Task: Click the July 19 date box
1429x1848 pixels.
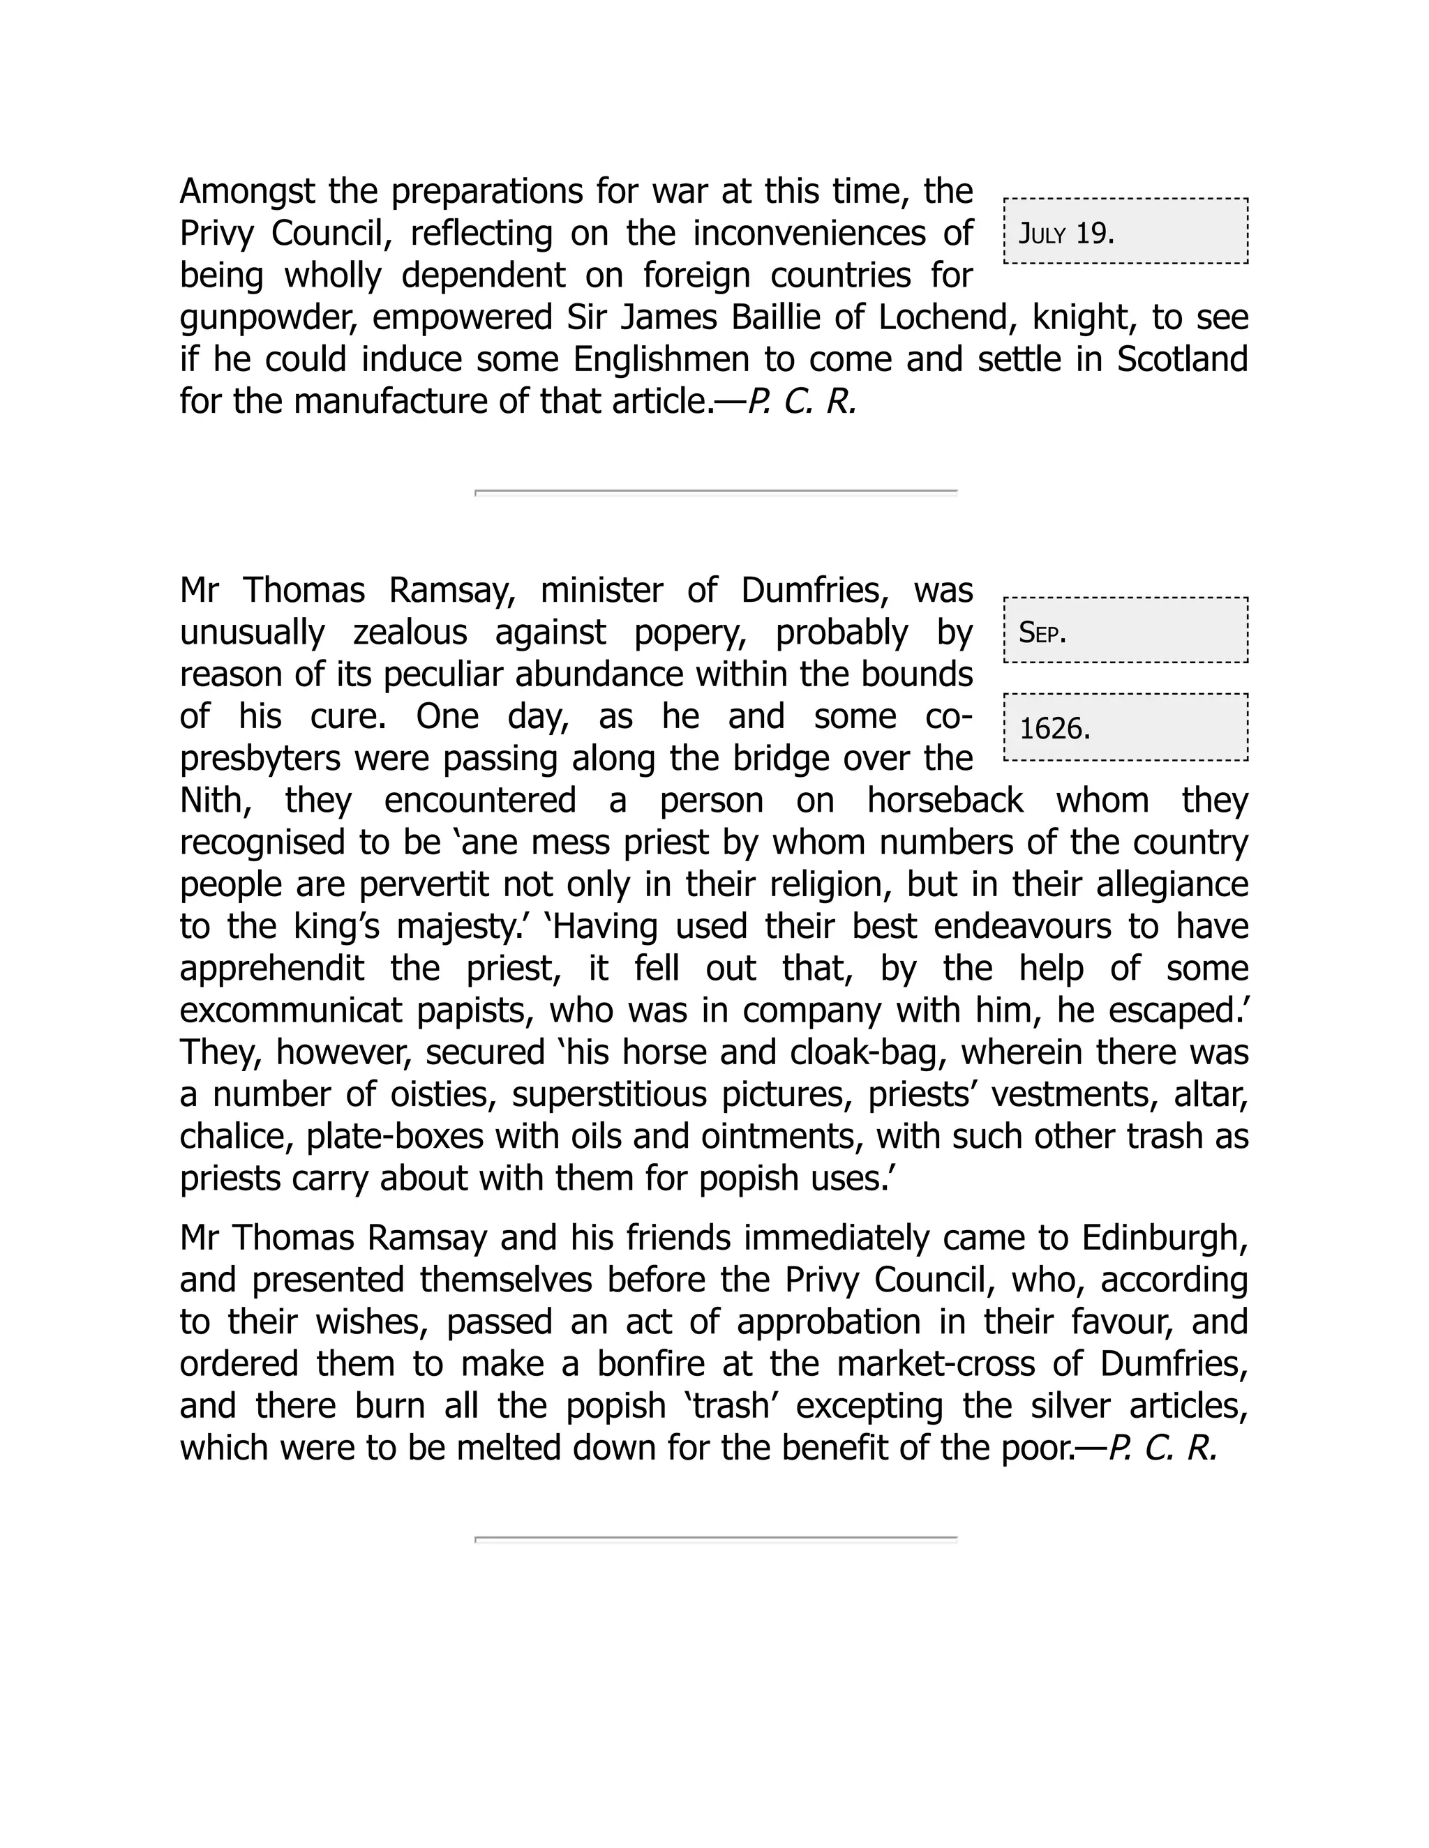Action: (1124, 232)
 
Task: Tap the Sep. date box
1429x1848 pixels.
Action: (1124, 631)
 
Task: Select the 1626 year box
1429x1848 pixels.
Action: (1124, 727)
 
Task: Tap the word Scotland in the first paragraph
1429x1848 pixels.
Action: (1182, 360)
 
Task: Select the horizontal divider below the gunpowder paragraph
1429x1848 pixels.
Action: (715, 492)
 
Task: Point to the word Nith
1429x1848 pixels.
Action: (215, 801)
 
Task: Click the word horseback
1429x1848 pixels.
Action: (944, 801)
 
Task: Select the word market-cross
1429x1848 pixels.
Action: (936, 1364)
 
